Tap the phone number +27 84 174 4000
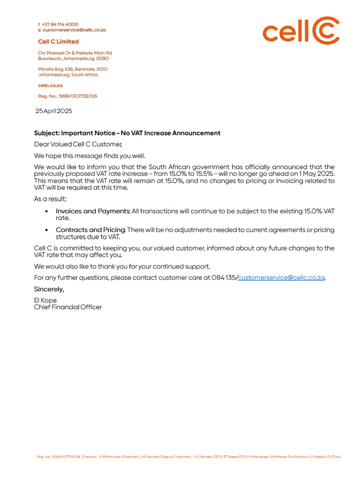pyautogui.click(x=60, y=24)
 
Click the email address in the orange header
pyautogui.click(x=74, y=30)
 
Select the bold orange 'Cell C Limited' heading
pyautogui.click(x=58, y=42)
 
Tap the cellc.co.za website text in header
pyautogui.click(x=50, y=86)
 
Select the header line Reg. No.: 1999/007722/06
pyautogui.click(x=67, y=96)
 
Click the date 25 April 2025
pyautogui.click(x=54, y=111)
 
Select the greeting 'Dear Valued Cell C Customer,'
pyautogui.click(x=78, y=144)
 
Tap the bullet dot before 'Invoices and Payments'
pyautogui.click(x=46, y=211)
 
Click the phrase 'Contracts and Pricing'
pyautogui.click(x=90, y=230)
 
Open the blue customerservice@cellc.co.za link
pyautogui.click(x=281, y=277)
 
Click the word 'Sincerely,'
pyautogui.click(x=49, y=289)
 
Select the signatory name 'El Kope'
pyautogui.click(x=45, y=300)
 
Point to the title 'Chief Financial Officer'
pyautogui.click(x=67, y=307)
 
